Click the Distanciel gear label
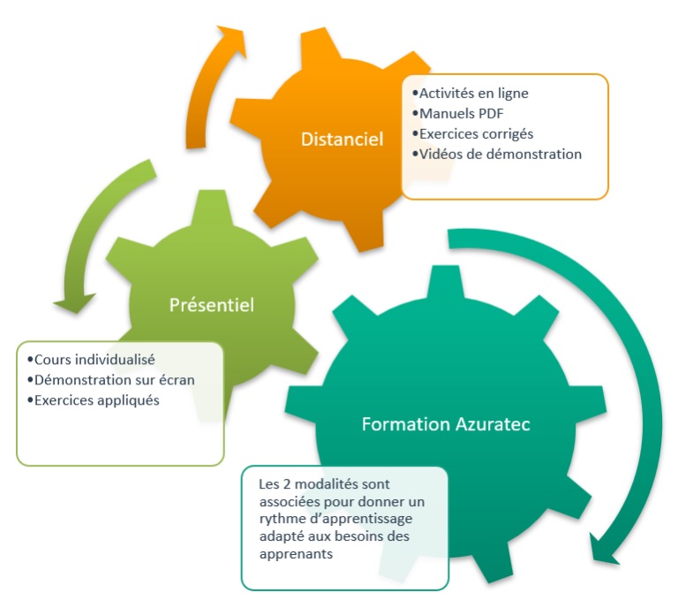pos(342,140)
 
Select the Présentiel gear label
pos(211,305)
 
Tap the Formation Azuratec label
pos(446,424)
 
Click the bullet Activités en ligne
pos(473,93)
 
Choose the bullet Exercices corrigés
pos(476,133)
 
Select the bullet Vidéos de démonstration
pos(500,154)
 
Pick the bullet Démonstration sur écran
pos(114,380)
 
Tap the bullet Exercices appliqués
pos(96,400)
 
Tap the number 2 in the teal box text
pos(288,484)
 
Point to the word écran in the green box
pos(175,380)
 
